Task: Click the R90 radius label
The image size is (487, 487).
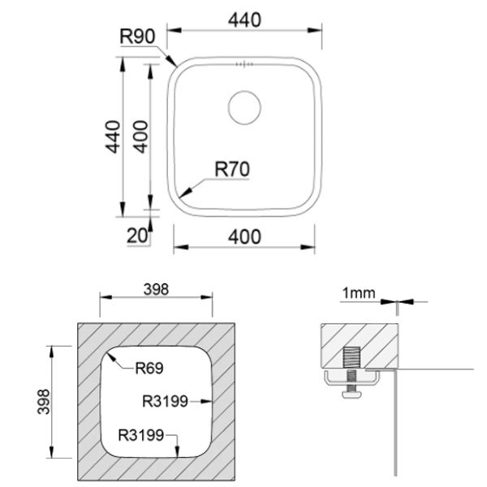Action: click(137, 37)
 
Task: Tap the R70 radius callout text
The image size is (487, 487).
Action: click(232, 170)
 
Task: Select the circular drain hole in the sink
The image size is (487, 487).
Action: click(244, 107)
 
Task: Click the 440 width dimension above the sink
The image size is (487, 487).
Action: click(244, 20)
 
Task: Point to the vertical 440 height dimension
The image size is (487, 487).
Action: click(113, 136)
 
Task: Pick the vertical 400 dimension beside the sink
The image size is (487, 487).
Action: click(140, 136)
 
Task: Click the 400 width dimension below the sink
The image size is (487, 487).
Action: click(244, 237)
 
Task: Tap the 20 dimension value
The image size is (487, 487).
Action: click(137, 235)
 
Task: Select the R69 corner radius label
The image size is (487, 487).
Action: click(149, 368)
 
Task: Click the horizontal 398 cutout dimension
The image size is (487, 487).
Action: click(156, 290)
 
